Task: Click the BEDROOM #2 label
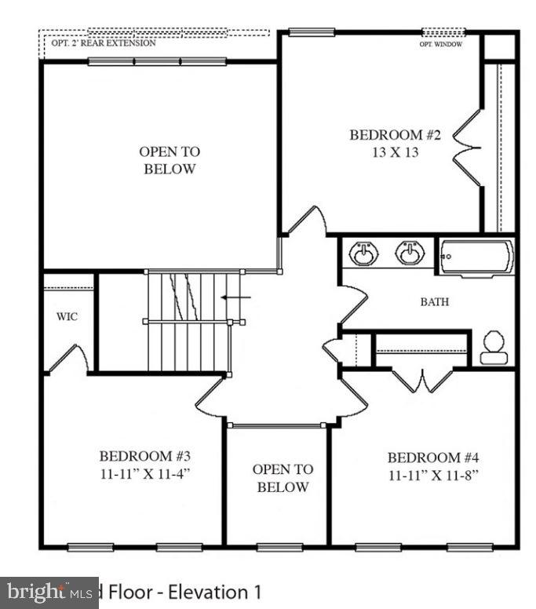point(395,135)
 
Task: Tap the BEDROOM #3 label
point(145,456)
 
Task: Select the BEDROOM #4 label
point(433,458)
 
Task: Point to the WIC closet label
point(67,318)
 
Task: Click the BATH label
point(435,301)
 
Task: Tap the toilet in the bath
point(494,348)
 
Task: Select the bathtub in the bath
point(476,257)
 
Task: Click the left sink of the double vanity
point(363,253)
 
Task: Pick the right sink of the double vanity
point(410,253)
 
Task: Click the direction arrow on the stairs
point(235,297)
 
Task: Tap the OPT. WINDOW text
point(440,45)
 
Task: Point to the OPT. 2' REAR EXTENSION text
point(104,43)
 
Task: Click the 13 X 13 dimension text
point(395,152)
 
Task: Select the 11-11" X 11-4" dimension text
point(145,473)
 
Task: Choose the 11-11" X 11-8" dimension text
point(433,475)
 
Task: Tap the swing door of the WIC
point(69,359)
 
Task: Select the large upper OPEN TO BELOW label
point(170,160)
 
